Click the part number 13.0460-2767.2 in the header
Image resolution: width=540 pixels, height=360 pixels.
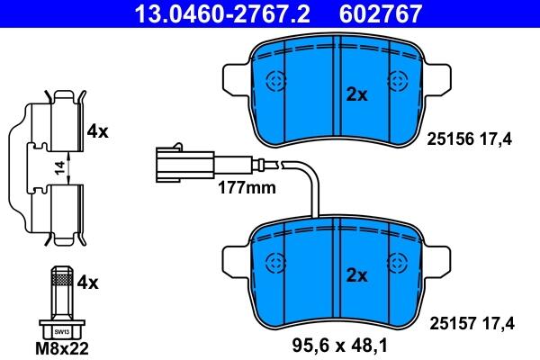[222, 13]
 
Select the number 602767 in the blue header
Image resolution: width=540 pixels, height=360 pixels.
[380, 13]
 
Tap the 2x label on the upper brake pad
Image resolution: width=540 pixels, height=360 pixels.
[356, 94]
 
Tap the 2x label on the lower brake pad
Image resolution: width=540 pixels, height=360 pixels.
[356, 275]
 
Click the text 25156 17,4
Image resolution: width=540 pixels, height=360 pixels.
[470, 139]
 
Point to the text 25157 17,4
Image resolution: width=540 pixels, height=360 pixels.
[472, 323]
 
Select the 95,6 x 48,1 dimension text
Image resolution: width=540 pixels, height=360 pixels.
[339, 346]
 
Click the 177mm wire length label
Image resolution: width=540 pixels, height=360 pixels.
[247, 188]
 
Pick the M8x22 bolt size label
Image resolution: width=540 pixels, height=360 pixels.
[62, 348]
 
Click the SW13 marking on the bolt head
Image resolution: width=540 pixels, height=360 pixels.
[62, 332]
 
